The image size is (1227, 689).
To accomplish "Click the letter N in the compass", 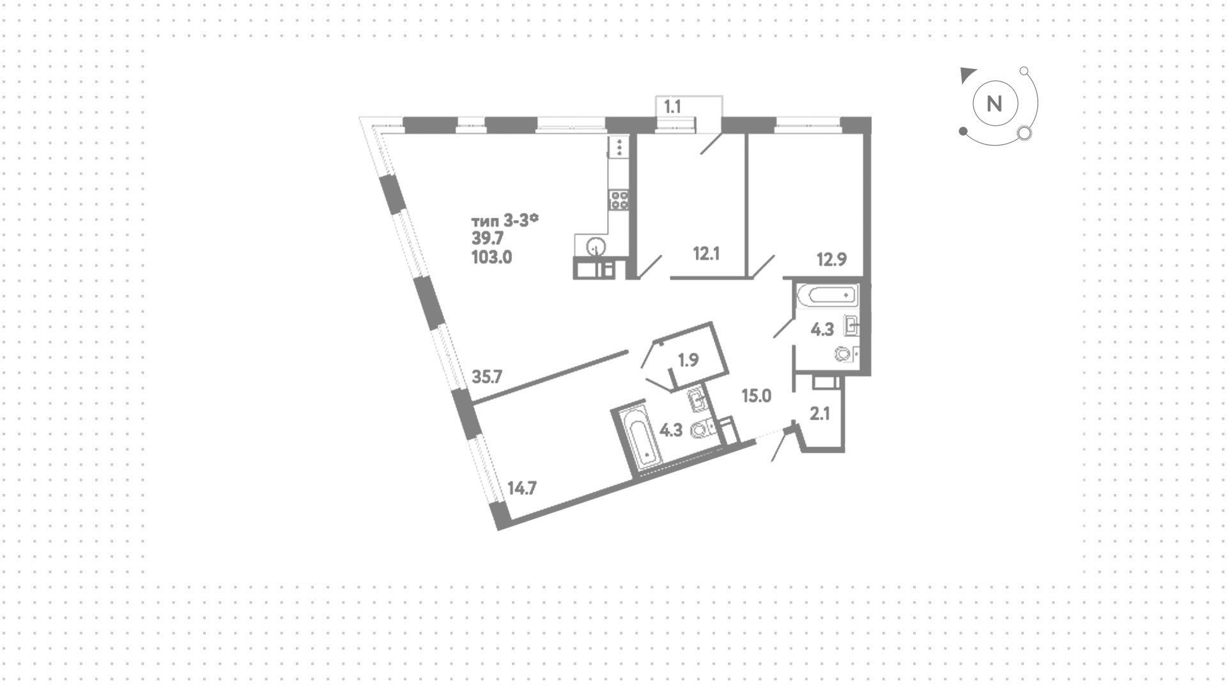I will point(994,104).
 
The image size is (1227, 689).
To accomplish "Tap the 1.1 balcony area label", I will point(672,107).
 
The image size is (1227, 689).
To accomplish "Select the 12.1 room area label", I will point(706,254).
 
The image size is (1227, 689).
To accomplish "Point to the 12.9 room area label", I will point(831,259).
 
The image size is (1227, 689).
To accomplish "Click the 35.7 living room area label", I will point(487,376).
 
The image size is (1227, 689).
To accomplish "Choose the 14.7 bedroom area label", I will point(521,489).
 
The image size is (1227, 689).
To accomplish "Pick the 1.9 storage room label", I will point(688,360).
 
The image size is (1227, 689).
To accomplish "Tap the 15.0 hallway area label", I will point(756,396).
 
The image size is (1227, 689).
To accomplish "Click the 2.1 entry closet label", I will point(820,414).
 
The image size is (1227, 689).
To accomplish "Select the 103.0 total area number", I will point(491,258).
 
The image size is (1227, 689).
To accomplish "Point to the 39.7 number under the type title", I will point(488,238).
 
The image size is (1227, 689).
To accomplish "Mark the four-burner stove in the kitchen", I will point(619,200).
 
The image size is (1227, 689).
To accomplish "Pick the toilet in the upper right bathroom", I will point(844,353).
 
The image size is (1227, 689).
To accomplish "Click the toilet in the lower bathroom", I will point(702,430).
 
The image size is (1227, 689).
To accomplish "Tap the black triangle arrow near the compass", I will point(968,75).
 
